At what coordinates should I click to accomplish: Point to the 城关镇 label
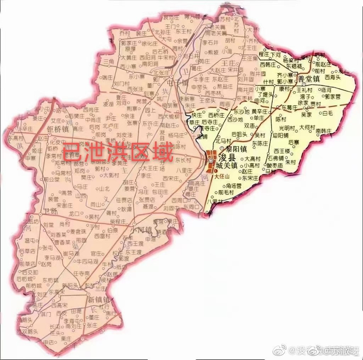click(x=226, y=166)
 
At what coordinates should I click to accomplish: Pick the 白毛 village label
click(x=328, y=113)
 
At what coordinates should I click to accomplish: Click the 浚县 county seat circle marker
click(x=211, y=161)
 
